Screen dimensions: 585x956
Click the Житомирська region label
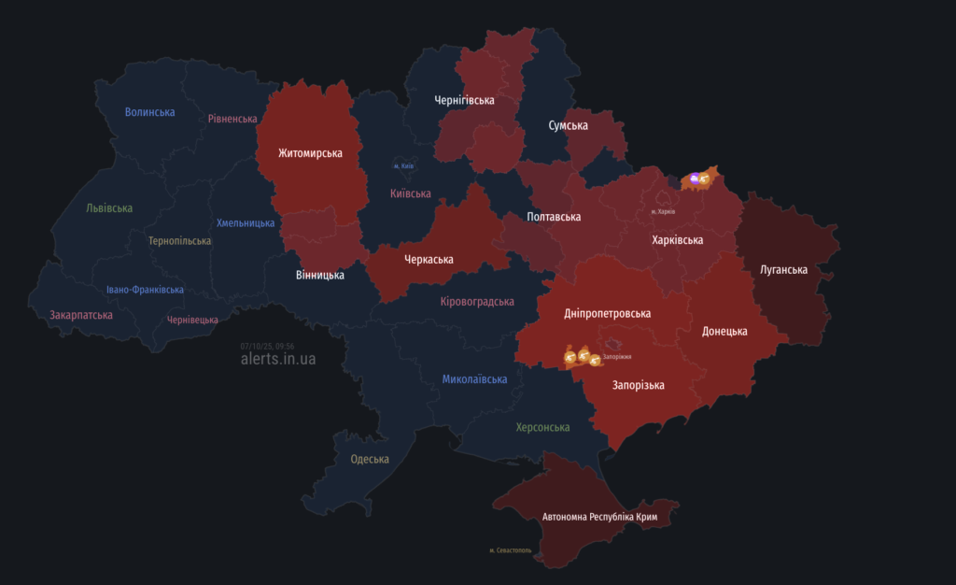pos(310,153)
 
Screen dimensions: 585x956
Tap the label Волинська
pos(150,112)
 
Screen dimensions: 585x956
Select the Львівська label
pos(109,208)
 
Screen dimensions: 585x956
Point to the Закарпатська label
pos(81,315)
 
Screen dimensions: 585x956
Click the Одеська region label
pos(370,459)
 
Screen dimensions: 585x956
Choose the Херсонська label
pos(542,427)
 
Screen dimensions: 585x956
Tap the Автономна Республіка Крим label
pos(605,517)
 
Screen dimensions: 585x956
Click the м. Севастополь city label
pos(510,550)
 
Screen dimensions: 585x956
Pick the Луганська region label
pos(782,270)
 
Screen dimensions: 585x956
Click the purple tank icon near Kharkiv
pos(694,178)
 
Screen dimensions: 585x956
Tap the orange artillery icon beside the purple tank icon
pos(705,178)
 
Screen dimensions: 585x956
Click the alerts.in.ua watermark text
pos(278,359)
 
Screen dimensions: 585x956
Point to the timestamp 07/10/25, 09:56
pos(267,346)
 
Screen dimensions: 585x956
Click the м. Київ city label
pos(402,166)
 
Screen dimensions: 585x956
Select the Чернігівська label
pos(464,100)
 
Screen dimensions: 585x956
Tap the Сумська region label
pos(568,125)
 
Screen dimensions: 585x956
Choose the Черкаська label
pos(429,259)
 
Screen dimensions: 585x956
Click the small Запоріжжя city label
pos(617,357)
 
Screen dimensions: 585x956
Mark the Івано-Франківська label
pos(145,290)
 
